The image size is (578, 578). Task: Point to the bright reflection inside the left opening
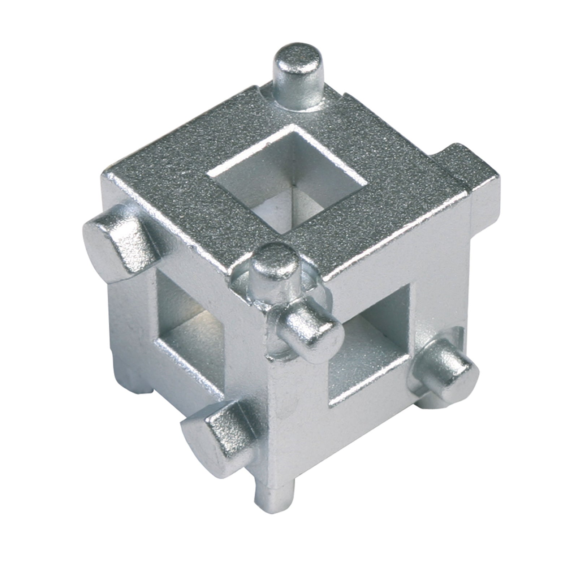point(202,314)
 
